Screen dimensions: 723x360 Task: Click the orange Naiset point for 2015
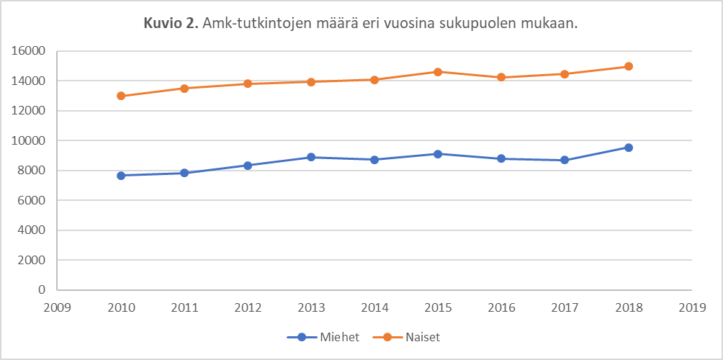(x=438, y=72)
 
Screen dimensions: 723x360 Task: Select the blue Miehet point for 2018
(x=628, y=148)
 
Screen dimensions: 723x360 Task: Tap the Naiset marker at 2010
(x=121, y=96)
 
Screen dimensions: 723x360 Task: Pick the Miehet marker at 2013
(x=311, y=157)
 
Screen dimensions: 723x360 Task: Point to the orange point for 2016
(x=501, y=78)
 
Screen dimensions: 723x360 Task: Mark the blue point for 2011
(x=184, y=173)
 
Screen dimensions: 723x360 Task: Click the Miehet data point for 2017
(x=565, y=160)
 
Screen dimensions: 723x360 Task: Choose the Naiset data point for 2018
(x=628, y=66)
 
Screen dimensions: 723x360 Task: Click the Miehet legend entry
(x=323, y=337)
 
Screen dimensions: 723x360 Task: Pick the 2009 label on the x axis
(x=58, y=307)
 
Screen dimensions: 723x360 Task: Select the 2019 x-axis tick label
(x=691, y=307)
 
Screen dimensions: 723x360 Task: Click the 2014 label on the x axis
(x=374, y=307)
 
